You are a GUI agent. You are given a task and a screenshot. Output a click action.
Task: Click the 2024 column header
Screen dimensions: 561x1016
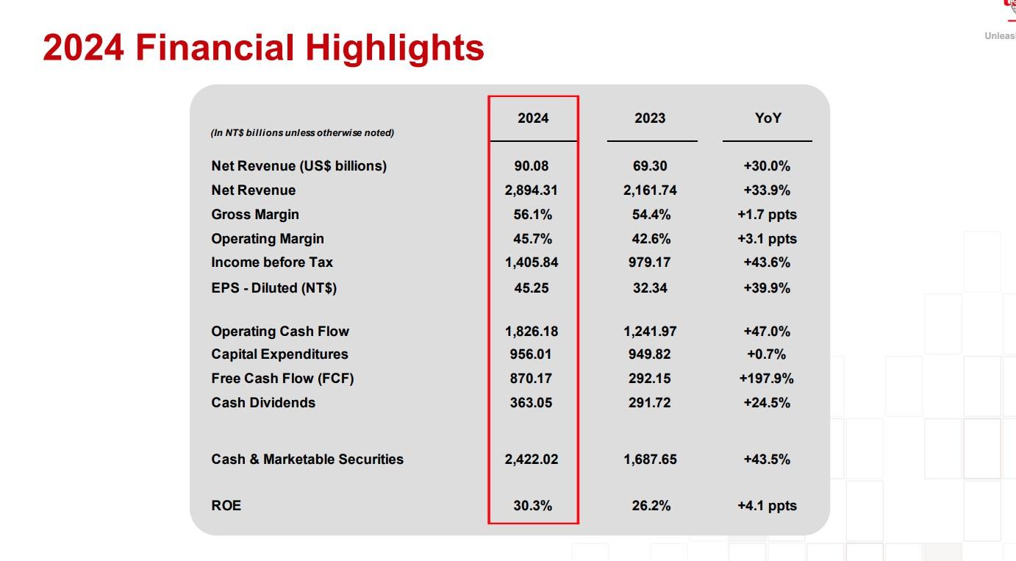click(x=533, y=118)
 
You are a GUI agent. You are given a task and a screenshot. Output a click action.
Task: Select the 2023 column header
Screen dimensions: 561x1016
click(x=650, y=118)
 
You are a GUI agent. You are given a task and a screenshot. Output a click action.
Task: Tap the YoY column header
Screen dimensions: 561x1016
click(x=768, y=118)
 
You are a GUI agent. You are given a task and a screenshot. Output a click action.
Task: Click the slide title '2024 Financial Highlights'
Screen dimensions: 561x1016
click(x=263, y=47)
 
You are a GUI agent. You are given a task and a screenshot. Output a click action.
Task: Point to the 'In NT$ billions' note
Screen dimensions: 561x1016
click(x=302, y=133)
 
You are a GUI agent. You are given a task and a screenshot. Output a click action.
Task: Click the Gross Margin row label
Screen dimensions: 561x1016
click(x=255, y=215)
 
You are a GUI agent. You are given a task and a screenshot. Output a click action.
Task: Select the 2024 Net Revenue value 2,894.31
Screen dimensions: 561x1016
click(x=531, y=190)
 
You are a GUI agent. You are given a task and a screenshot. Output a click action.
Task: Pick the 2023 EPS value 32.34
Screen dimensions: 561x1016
click(x=650, y=288)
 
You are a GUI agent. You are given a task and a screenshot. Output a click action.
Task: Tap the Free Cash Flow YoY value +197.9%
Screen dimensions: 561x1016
click(x=766, y=379)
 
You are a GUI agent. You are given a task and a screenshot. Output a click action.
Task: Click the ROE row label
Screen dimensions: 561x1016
click(x=226, y=506)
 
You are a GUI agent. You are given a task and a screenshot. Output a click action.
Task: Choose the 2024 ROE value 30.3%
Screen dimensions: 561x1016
click(x=532, y=506)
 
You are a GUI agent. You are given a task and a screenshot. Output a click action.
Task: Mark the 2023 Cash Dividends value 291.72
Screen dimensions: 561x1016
click(x=650, y=403)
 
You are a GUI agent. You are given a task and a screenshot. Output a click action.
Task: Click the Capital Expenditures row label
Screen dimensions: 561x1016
click(x=279, y=354)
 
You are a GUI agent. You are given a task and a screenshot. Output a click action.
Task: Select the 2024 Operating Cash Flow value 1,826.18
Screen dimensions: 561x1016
click(x=531, y=332)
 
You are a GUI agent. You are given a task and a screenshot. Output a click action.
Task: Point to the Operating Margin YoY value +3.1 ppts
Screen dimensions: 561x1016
click(x=767, y=239)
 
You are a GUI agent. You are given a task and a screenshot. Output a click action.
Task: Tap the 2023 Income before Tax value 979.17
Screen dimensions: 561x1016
click(x=650, y=262)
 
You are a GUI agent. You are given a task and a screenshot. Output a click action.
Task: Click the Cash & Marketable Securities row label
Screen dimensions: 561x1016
click(x=307, y=460)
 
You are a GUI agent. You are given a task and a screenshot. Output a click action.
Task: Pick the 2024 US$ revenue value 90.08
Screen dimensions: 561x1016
click(x=532, y=166)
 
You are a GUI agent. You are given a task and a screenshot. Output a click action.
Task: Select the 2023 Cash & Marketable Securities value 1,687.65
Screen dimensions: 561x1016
click(x=650, y=460)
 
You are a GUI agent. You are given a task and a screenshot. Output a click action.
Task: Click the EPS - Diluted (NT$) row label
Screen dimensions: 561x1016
click(x=273, y=288)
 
